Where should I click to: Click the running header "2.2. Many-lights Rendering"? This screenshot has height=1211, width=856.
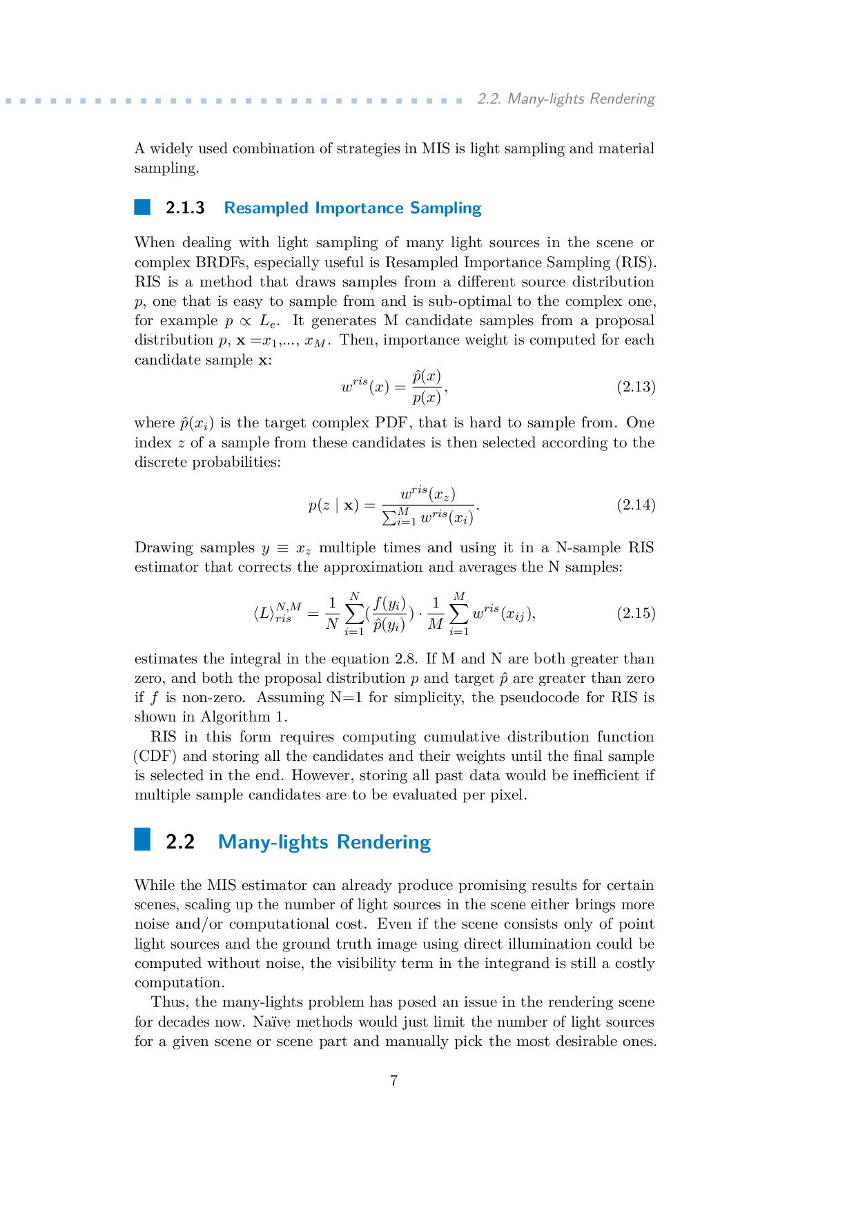tap(565, 99)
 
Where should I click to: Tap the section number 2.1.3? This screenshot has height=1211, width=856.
tap(185, 208)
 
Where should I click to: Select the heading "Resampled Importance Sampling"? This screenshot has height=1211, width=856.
tap(352, 208)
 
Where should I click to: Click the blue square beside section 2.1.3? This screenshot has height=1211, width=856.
tap(142, 207)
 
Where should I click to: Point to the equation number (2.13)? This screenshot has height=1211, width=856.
tap(635, 387)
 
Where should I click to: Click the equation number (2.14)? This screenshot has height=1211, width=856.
tap(635, 505)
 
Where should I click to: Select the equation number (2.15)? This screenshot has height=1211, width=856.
tap(635, 613)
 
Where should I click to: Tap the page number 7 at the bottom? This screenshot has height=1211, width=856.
tap(393, 1081)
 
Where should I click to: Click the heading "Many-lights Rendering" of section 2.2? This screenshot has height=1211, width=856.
tap(324, 842)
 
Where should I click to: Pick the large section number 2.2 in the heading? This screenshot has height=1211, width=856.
tap(180, 842)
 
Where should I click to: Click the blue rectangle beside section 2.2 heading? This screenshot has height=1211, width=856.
tap(142, 839)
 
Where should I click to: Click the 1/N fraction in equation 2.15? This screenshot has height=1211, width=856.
tap(332, 614)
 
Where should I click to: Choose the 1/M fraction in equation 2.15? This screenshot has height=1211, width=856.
tap(435, 614)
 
